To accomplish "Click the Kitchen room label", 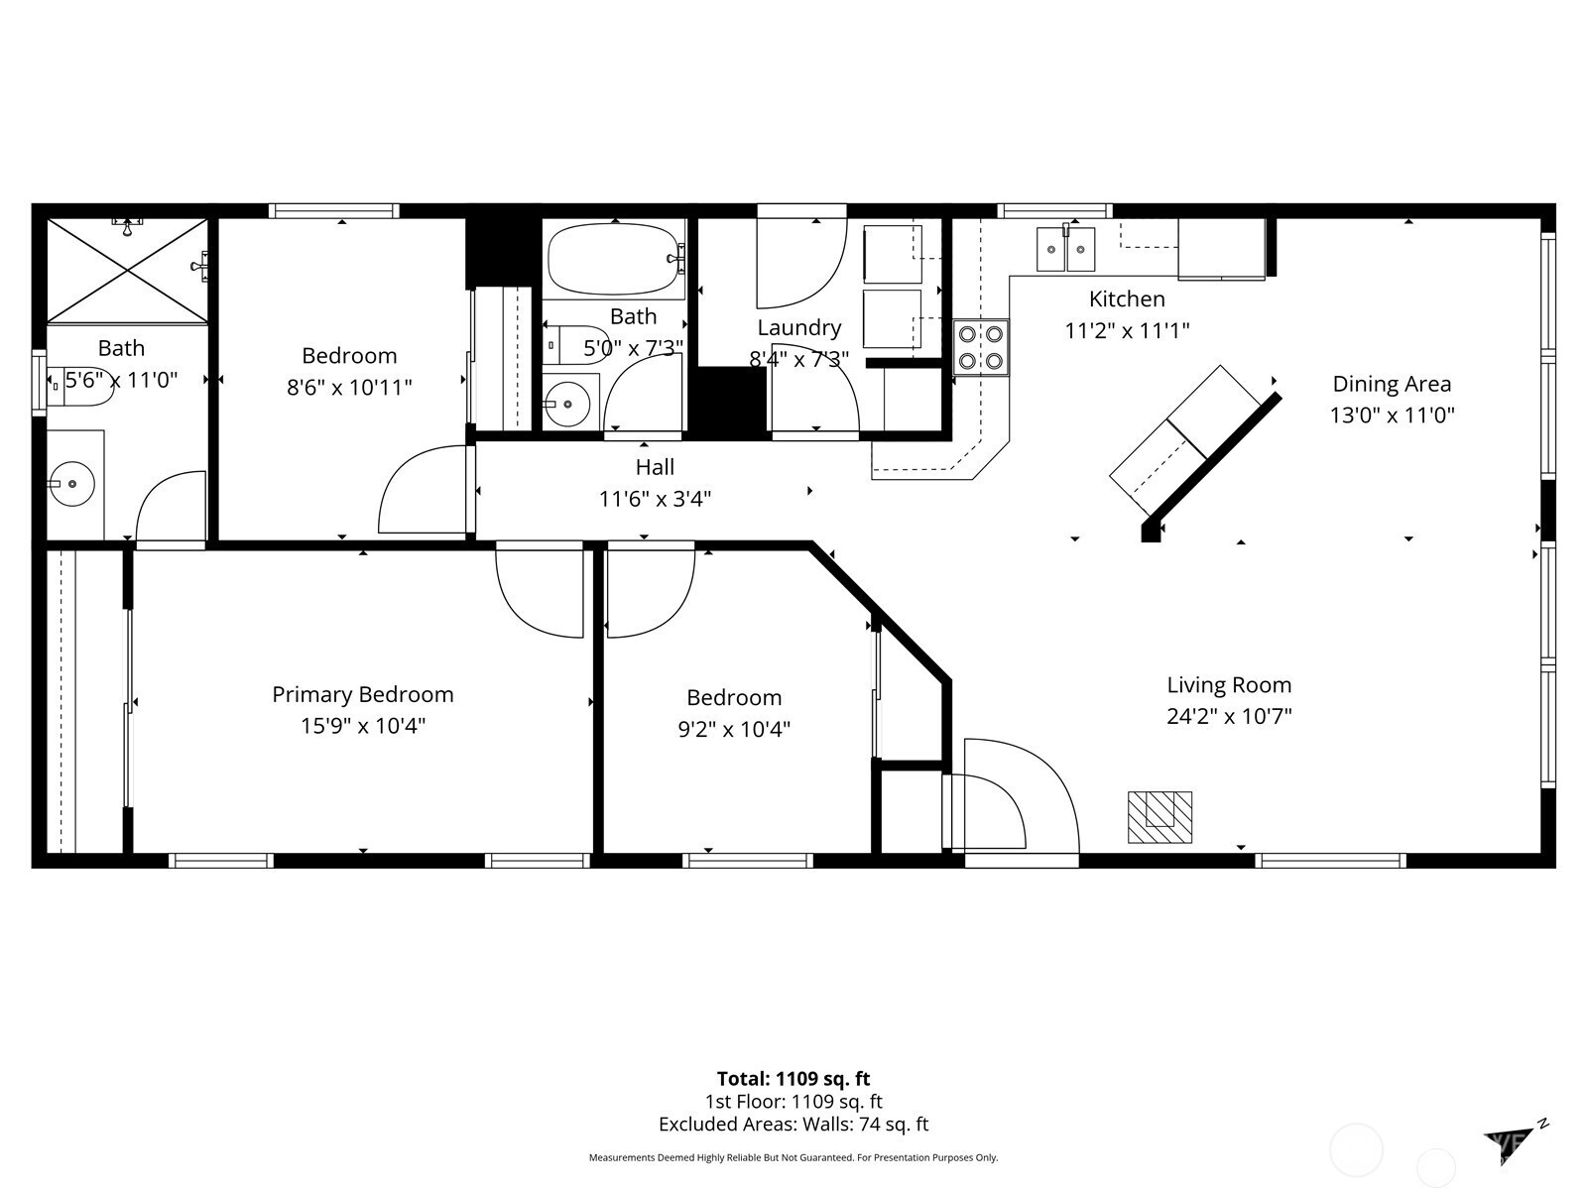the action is (1127, 298).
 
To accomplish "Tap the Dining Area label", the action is (1392, 384).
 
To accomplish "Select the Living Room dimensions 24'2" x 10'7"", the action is (1229, 716).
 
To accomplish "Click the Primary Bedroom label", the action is (363, 694).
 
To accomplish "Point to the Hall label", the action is (655, 467).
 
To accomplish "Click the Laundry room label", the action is (798, 328).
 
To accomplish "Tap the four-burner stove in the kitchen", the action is (980, 347).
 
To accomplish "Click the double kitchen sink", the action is (1065, 249).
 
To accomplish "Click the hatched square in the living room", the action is (1160, 817).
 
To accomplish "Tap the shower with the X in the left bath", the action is (127, 270).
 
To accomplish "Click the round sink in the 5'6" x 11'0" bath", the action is (71, 483).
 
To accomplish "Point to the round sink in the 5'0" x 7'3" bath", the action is (567, 404).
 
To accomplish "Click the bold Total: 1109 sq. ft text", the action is (793, 1079).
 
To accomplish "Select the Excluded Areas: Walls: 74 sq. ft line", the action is (793, 1125).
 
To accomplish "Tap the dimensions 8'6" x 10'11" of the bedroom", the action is (349, 388).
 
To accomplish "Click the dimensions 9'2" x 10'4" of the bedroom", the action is (734, 729).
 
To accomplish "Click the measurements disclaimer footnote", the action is (793, 1157).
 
